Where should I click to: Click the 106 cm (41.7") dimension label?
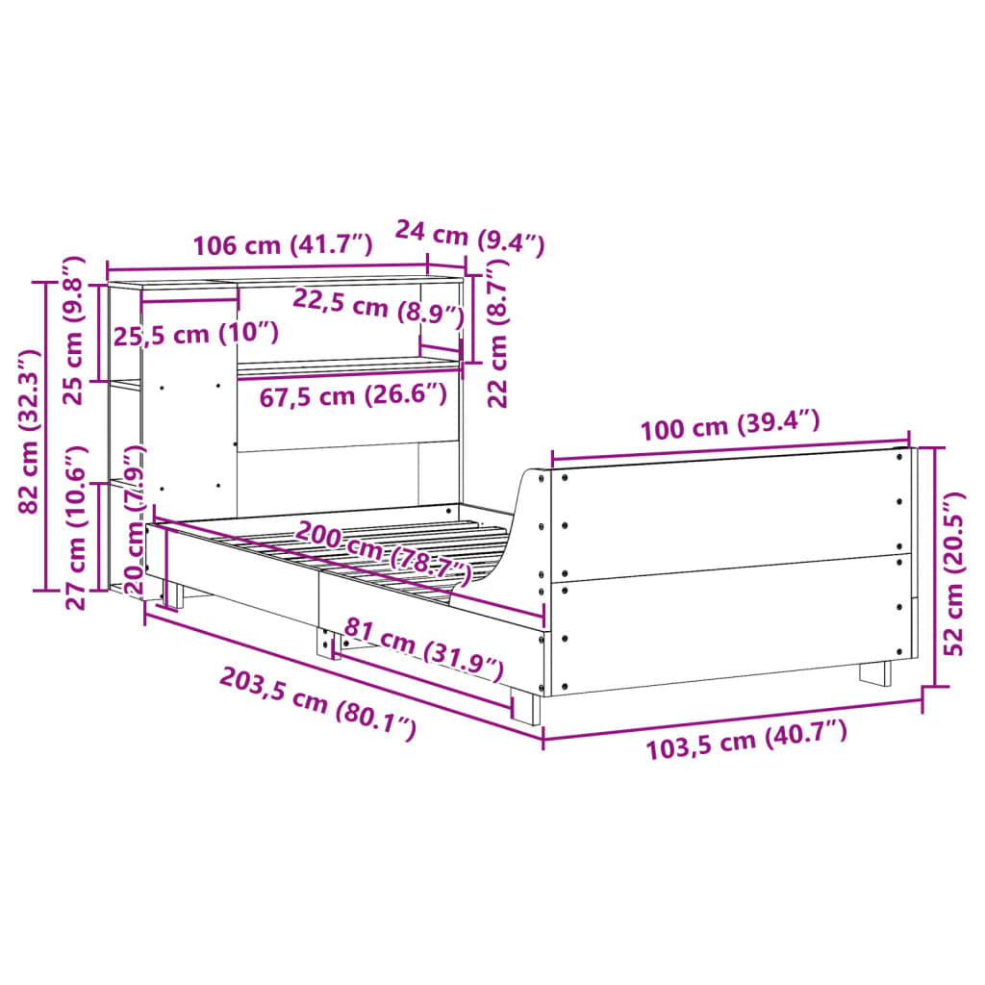pyautogui.click(x=282, y=245)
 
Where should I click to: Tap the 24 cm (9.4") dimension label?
pyautogui.click(x=470, y=237)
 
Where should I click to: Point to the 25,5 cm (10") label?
pyautogui.click(x=196, y=334)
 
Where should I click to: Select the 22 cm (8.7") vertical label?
pyautogui.click(x=497, y=337)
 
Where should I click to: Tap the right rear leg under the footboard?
pyautogui.click(x=875, y=672)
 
